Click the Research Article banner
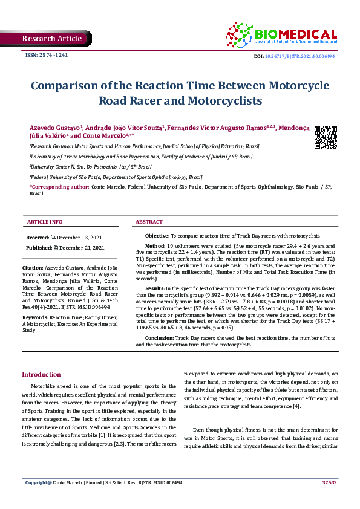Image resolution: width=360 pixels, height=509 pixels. (51, 39)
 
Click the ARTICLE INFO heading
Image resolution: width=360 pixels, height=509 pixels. (45, 222)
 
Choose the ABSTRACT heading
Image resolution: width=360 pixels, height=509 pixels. (149, 222)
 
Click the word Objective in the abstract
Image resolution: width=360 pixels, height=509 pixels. (157, 235)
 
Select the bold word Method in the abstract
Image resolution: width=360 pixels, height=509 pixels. (155, 247)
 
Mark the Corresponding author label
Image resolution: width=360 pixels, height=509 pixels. (59, 187)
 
